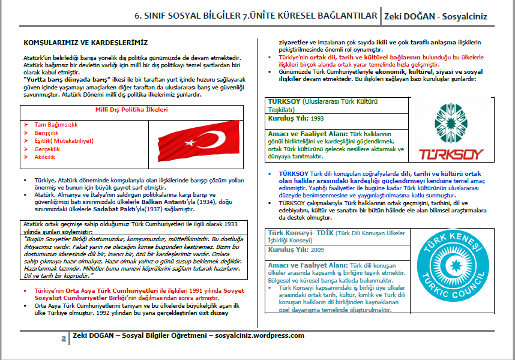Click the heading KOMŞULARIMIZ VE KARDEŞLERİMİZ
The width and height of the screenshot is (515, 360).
point(85,43)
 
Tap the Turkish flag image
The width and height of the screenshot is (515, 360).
point(196,139)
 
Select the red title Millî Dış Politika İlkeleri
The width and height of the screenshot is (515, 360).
point(131,110)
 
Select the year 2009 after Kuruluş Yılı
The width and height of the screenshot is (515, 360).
point(318,250)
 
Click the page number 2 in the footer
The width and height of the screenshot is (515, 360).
point(64,338)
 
